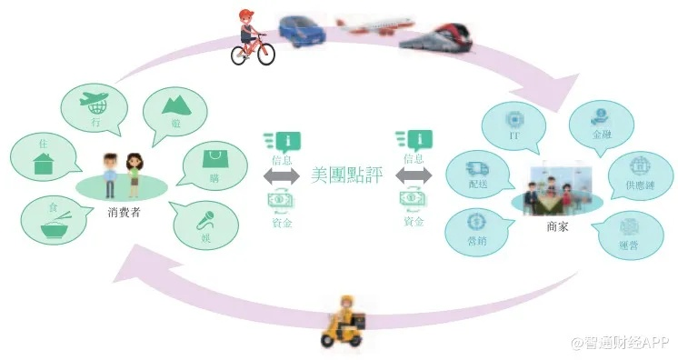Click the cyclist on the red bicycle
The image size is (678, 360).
252,37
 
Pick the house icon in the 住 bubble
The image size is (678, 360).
44,165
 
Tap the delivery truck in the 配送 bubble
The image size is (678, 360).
477,170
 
